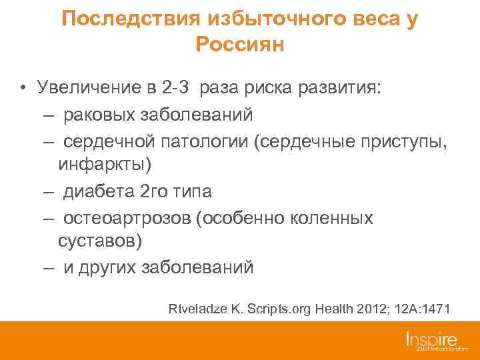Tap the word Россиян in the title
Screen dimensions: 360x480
(x=240, y=45)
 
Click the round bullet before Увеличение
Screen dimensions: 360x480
(x=23, y=88)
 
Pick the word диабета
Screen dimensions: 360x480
(x=100, y=192)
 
